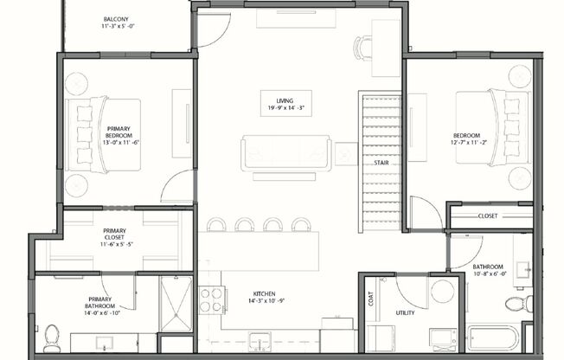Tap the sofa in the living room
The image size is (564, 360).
click(x=286, y=153)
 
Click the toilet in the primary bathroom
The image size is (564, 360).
click(x=51, y=333)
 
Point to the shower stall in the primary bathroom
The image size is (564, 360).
click(x=175, y=304)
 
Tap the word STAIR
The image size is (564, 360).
click(x=381, y=163)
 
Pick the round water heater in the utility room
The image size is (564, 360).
click(x=443, y=291)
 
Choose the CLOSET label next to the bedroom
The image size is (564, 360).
click(x=487, y=216)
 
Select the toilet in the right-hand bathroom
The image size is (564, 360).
click(x=517, y=305)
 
